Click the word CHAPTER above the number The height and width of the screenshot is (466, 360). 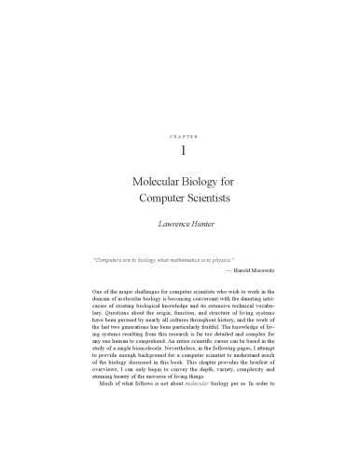[180, 136]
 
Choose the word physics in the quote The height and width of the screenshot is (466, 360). [242, 263]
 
